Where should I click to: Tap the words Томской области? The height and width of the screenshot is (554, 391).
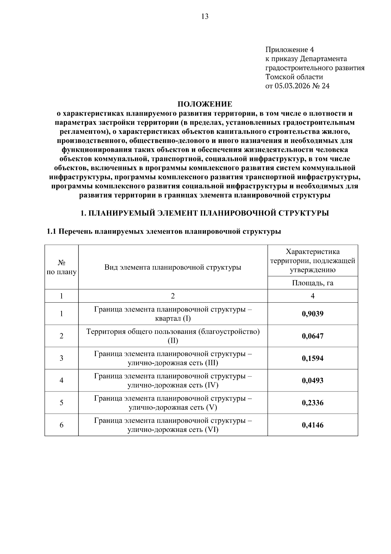294,77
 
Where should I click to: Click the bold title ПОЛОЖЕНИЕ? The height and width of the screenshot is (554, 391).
205,104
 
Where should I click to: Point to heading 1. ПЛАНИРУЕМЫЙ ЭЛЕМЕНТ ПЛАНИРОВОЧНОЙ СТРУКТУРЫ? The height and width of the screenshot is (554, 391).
205,213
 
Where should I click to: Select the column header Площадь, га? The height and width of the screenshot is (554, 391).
312,283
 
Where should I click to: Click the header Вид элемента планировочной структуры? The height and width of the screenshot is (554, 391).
173,267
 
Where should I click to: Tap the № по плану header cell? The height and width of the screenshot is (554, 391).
62,267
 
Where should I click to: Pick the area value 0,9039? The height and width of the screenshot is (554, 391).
312,314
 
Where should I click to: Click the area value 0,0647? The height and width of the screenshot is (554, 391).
312,336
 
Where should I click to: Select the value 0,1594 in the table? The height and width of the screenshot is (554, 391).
312,358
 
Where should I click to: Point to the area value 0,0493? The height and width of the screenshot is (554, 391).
312,380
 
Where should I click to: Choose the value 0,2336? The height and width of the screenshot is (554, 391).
312,403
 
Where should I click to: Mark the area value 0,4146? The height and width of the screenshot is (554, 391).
312,425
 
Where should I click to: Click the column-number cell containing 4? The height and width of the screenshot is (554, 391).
312,296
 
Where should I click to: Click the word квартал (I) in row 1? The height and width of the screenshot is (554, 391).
173,318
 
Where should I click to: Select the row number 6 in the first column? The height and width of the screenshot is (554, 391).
62,425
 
